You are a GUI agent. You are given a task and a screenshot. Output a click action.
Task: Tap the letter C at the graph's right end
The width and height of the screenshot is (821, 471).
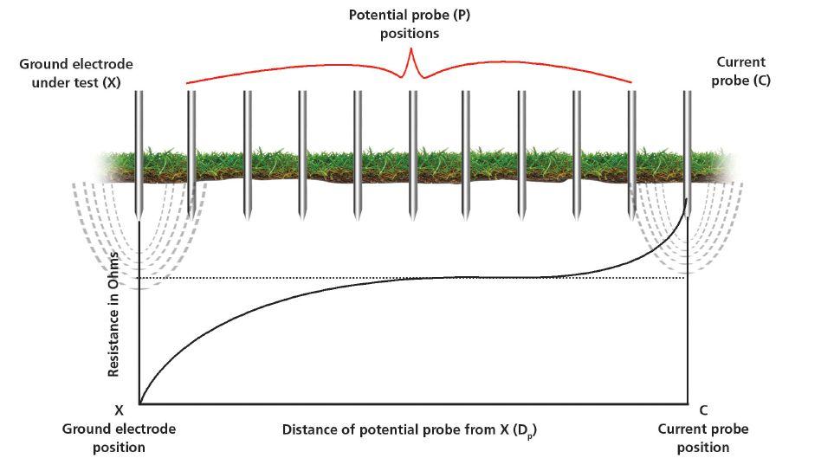click(x=702, y=410)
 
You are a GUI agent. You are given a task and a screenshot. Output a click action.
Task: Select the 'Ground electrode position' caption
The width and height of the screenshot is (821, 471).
click(x=120, y=438)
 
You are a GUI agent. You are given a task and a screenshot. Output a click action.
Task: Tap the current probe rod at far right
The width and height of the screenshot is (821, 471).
click(x=687, y=152)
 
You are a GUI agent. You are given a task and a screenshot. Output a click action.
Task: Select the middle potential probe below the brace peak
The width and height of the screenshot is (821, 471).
click(x=413, y=152)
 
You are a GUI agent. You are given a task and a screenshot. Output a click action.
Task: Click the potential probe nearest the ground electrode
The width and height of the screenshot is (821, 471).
click(x=191, y=152)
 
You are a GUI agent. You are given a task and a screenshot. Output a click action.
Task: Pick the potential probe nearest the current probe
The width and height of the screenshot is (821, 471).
click(x=631, y=152)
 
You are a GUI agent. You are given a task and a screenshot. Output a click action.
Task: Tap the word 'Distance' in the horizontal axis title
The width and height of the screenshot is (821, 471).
click(x=308, y=429)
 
